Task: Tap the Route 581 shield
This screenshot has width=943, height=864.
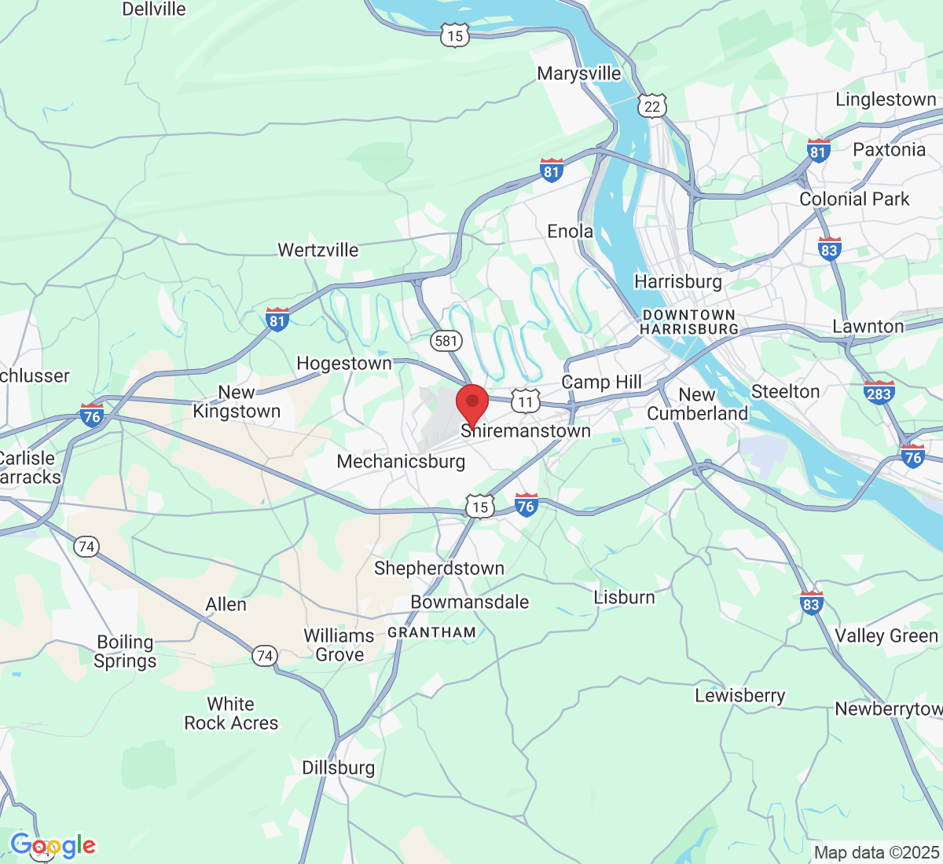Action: pyautogui.click(x=446, y=340)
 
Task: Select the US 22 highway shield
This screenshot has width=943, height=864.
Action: pyautogui.click(x=652, y=106)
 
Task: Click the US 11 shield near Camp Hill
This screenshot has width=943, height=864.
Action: pyautogui.click(x=525, y=402)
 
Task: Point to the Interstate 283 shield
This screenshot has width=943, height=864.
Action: pyautogui.click(x=878, y=393)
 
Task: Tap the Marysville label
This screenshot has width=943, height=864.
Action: pyautogui.click(x=579, y=74)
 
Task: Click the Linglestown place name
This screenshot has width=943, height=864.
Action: pyautogui.click(x=886, y=100)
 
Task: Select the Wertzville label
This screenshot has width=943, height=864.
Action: pyautogui.click(x=318, y=251)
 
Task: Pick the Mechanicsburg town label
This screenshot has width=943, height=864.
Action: pyautogui.click(x=401, y=461)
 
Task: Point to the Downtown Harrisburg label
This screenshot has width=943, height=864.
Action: pyautogui.click(x=689, y=322)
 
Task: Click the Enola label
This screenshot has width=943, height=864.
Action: pyautogui.click(x=570, y=232)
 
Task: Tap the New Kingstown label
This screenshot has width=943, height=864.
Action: pyautogui.click(x=237, y=402)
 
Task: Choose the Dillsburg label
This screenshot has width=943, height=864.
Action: pyautogui.click(x=339, y=767)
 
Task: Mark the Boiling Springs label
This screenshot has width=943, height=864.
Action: pyautogui.click(x=125, y=652)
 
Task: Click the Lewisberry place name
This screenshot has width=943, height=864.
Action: pyautogui.click(x=739, y=696)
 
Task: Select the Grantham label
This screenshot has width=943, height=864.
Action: pyautogui.click(x=431, y=632)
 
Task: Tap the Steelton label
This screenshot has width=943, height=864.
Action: pyautogui.click(x=785, y=391)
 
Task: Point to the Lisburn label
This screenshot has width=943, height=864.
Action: pyautogui.click(x=624, y=597)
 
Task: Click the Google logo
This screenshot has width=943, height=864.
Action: pyautogui.click(x=53, y=845)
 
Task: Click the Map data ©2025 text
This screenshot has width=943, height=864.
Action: pyautogui.click(x=876, y=852)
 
